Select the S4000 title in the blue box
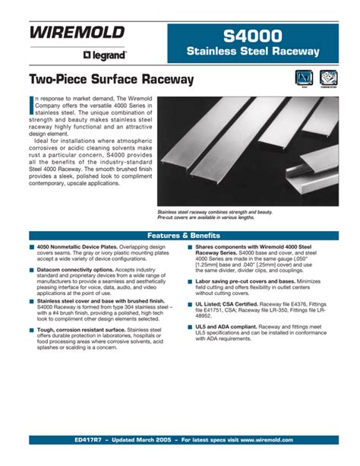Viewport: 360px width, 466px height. (x=252, y=35)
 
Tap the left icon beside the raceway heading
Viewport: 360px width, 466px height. (x=305, y=79)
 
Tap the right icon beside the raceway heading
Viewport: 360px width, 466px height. (x=328, y=79)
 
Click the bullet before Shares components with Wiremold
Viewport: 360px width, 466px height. (x=188, y=248)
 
